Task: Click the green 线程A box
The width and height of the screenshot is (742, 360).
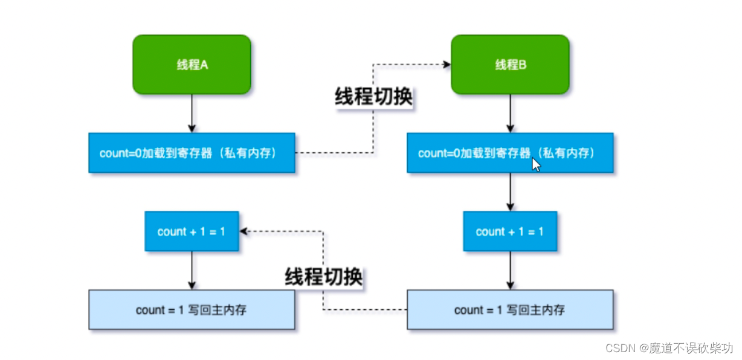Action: point(192,65)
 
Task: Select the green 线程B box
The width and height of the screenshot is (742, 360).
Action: point(510,65)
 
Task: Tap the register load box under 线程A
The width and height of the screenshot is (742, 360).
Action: point(192,153)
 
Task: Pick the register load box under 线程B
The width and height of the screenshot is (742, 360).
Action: point(510,153)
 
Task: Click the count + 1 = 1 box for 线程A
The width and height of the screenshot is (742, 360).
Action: point(192,231)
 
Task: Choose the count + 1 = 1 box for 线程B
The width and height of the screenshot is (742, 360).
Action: point(510,231)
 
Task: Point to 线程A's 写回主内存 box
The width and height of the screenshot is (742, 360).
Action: point(192,310)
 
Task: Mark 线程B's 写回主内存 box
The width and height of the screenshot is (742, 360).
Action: point(510,310)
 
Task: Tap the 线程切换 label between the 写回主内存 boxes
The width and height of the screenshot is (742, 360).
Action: point(324,277)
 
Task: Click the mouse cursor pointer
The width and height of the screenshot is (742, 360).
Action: point(535,165)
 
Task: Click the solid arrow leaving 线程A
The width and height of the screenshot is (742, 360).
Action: point(192,114)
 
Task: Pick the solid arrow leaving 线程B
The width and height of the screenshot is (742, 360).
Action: point(510,114)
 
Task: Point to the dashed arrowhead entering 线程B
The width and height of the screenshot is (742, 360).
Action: point(447,63)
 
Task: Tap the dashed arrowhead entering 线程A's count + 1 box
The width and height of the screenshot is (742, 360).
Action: point(244,231)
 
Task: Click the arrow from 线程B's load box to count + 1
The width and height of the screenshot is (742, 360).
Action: point(510,192)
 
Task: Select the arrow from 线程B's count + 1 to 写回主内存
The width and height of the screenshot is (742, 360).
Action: point(510,271)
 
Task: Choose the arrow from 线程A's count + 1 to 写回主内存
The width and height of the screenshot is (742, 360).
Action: point(192,271)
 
